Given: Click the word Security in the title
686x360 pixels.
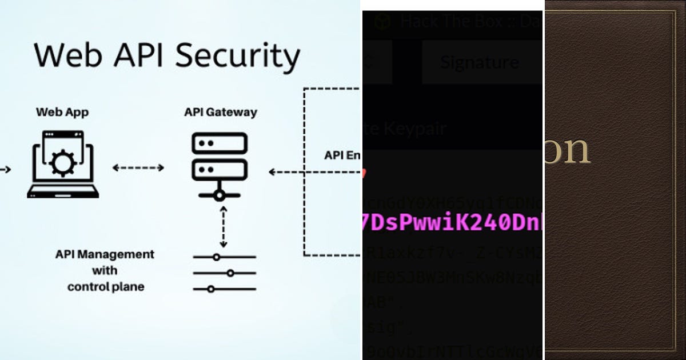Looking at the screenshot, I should [x=237, y=56].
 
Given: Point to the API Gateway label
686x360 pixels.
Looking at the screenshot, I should [x=220, y=112].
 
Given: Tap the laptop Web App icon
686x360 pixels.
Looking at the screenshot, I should [x=62, y=165].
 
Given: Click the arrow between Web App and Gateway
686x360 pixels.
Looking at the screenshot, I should [x=138, y=167].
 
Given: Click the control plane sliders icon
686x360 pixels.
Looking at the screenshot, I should [x=224, y=273].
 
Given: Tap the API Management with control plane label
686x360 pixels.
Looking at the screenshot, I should [x=105, y=270].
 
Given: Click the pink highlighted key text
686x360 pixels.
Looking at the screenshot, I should [x=452, y=223].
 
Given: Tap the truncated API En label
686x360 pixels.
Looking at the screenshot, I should [x=342, y=155].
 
